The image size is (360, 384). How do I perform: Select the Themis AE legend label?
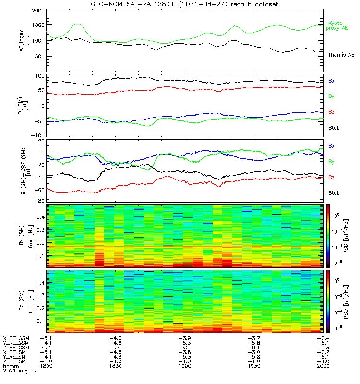pyautogui.click(x=340, y=55)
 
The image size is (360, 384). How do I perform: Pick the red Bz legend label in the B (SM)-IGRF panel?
pyautogui.click(x=331, y=178)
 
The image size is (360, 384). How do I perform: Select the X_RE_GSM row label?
pyautogui.click(x=16, y=338)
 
